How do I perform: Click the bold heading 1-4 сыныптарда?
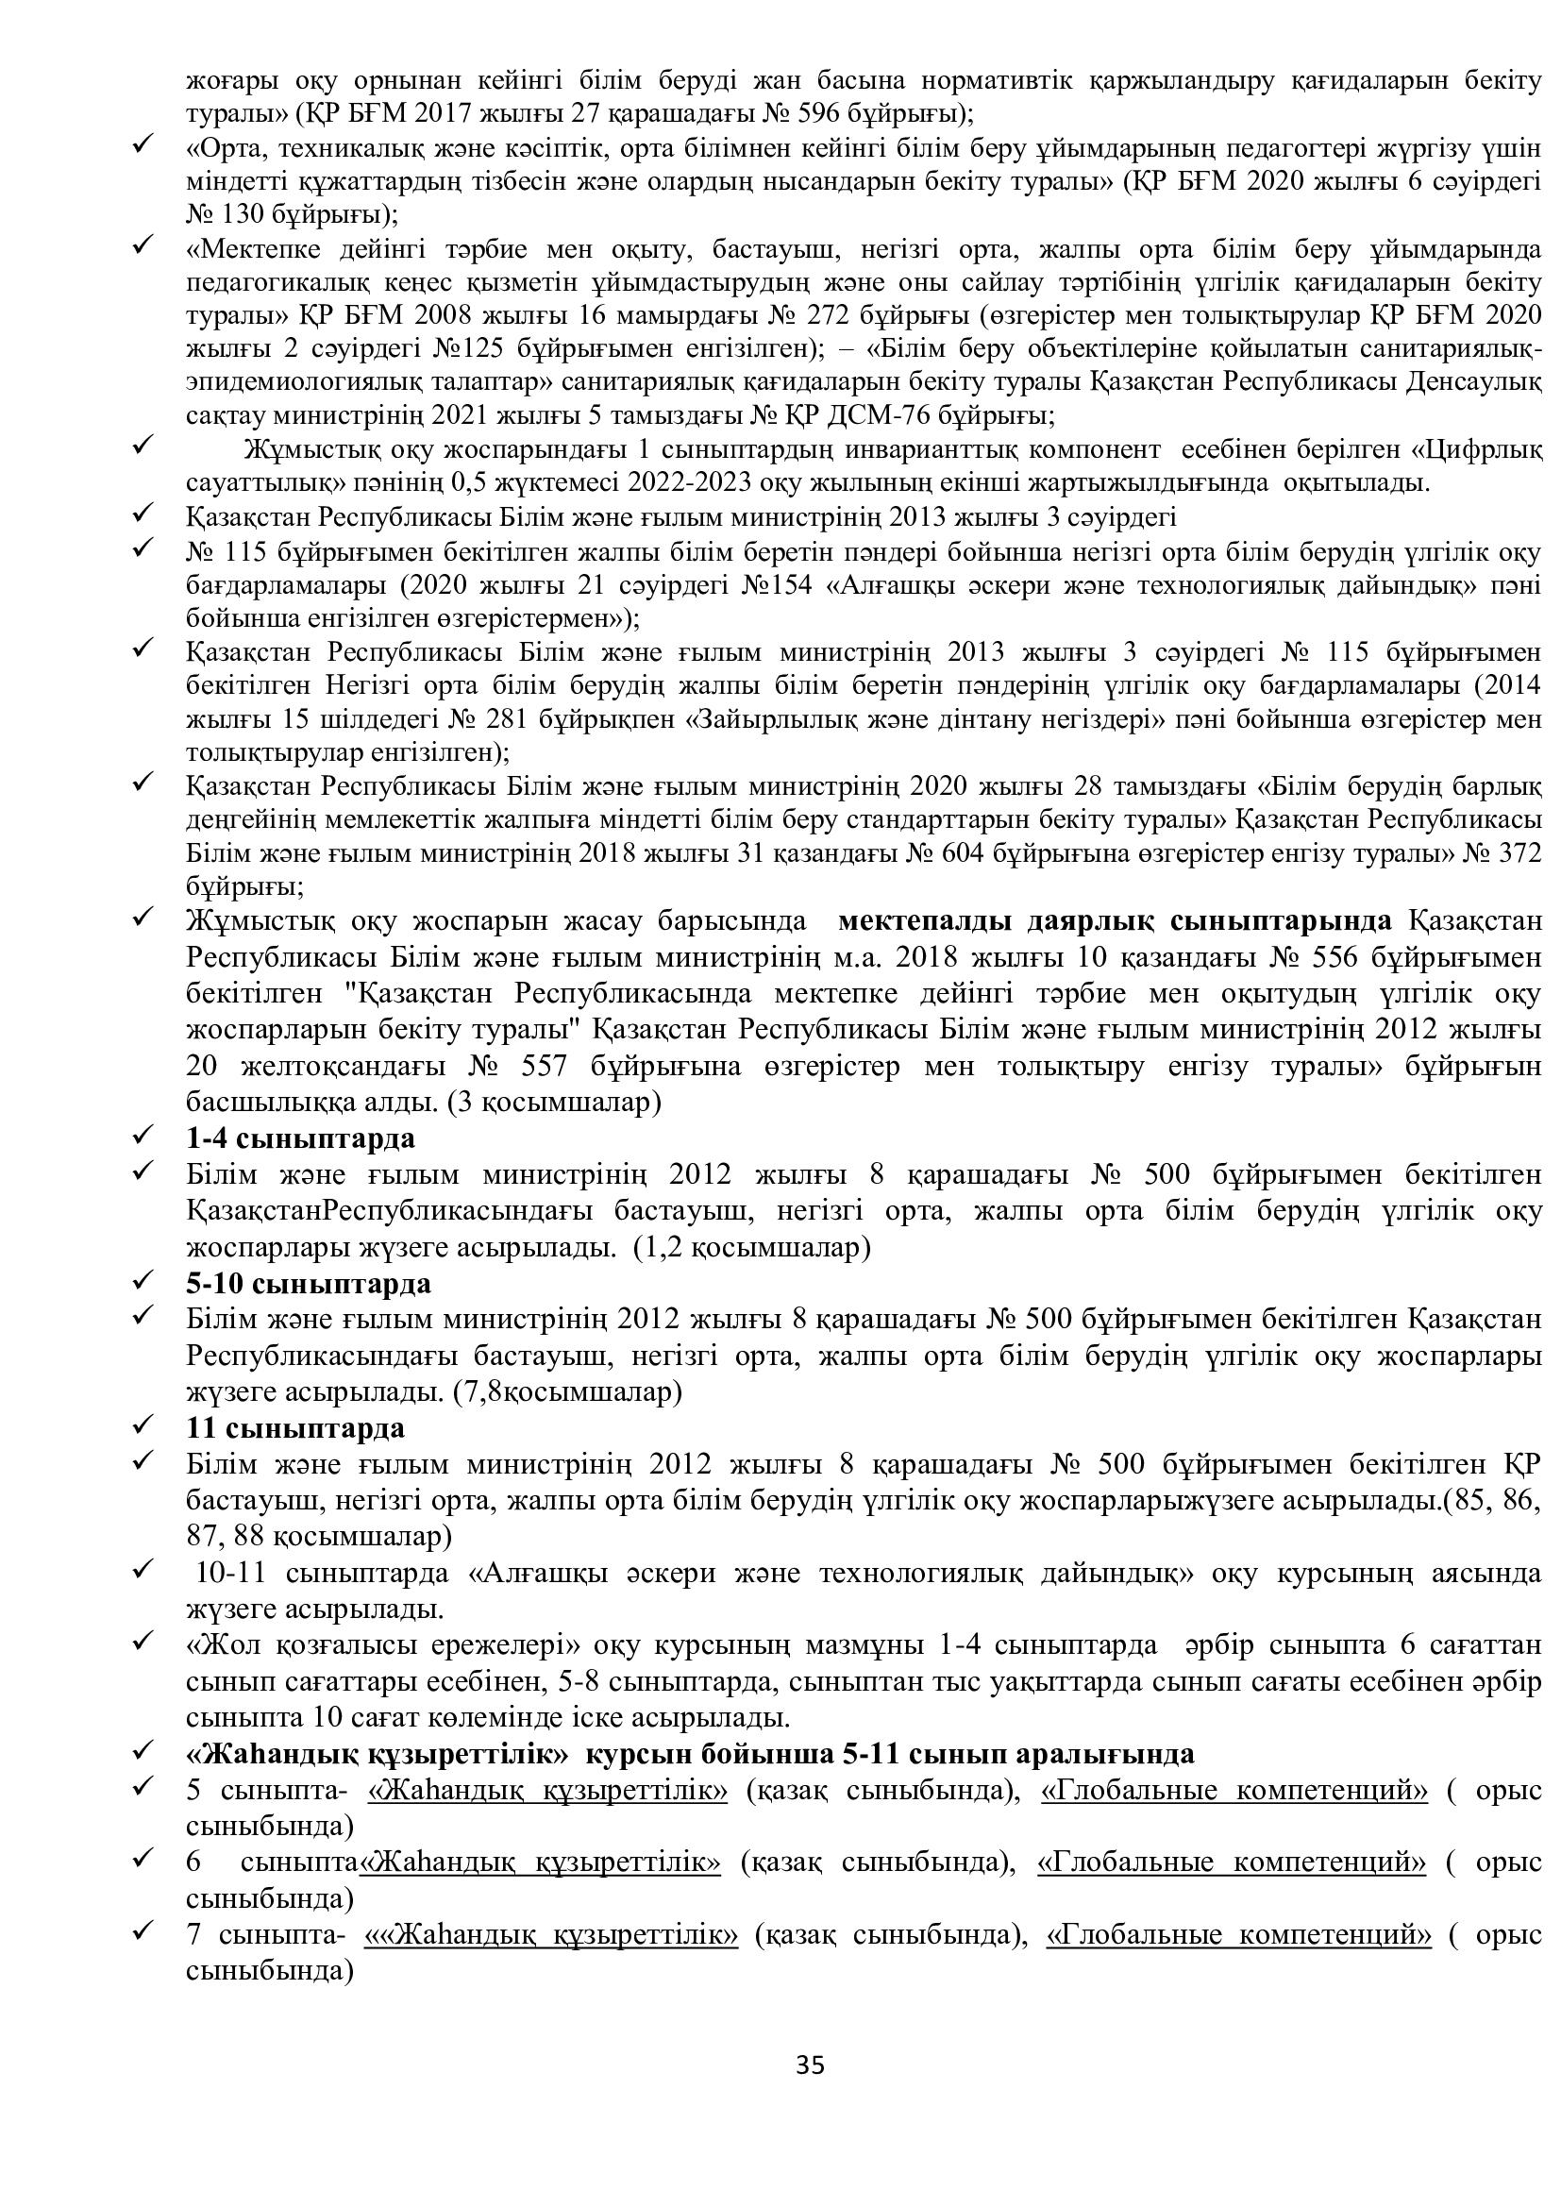point(300,1138)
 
